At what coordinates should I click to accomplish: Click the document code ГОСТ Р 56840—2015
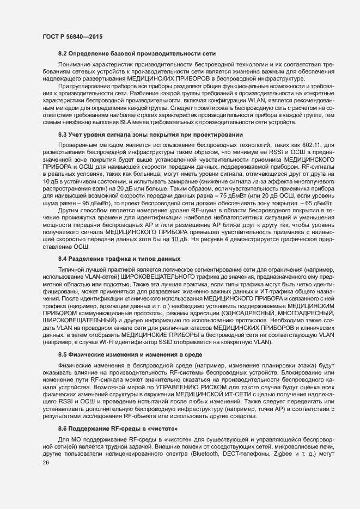point(72,36)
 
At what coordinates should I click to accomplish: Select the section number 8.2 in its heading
point(62,53)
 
